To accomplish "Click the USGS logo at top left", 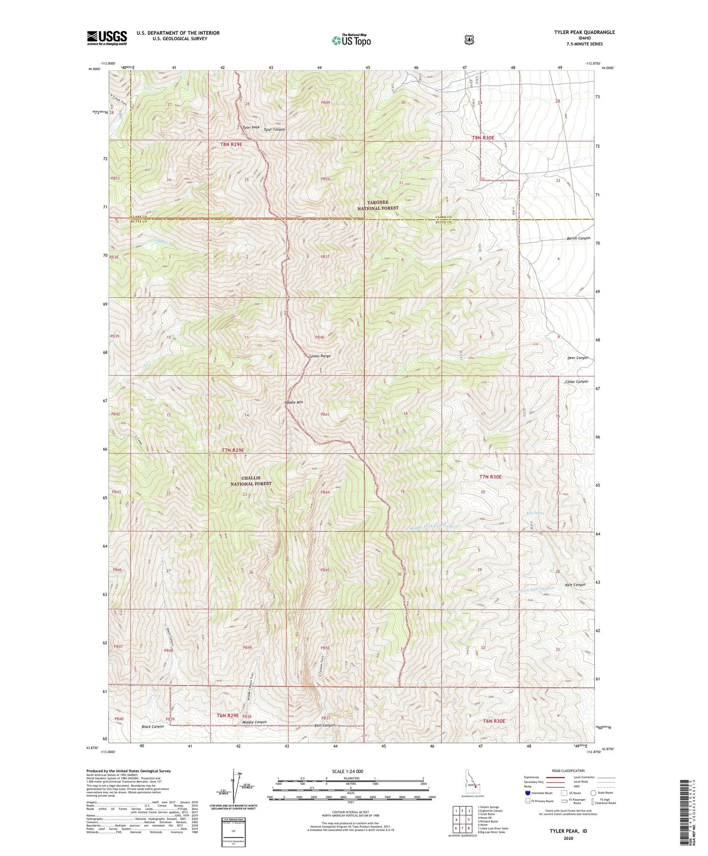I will (107, 38).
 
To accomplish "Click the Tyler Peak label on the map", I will (250, 127).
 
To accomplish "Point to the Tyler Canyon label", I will (274, 129).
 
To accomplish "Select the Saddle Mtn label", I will (294, 403).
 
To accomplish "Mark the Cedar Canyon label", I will (576, 381).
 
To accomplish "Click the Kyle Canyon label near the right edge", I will (575, 585).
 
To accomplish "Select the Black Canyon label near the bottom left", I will (152, 727).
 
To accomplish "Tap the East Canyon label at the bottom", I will (324, 725).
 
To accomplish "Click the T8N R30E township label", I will (483, 138).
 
